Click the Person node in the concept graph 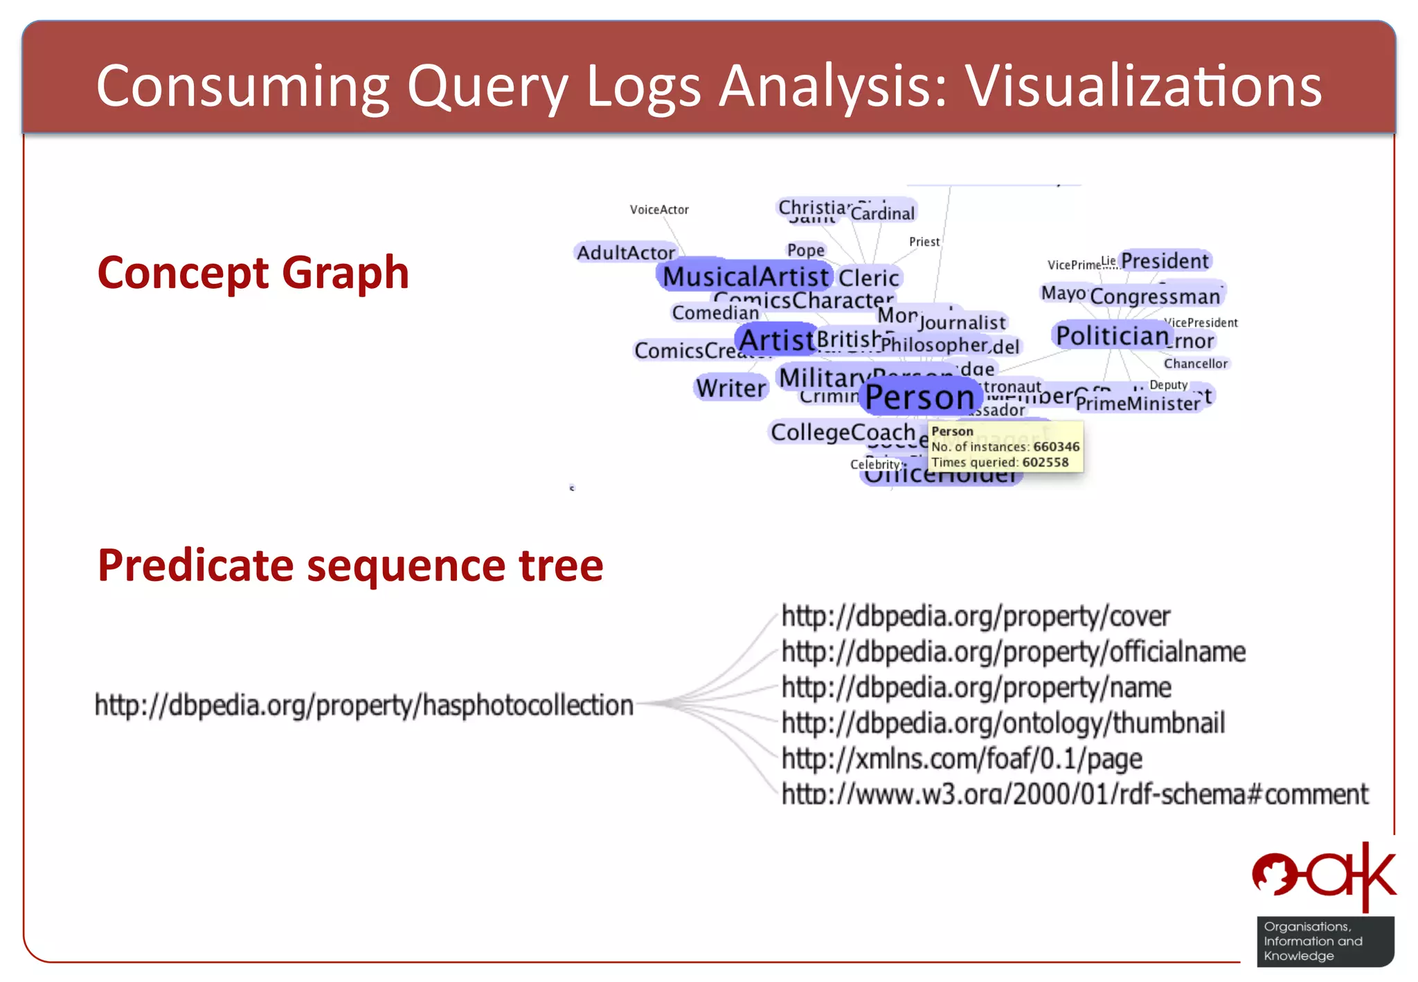pos(919,398)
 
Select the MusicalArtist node pos(745,276)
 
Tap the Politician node pos(1112,336)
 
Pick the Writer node pos(731,388)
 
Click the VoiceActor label pos(659,210)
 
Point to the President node pos(1165,261)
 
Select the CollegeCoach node pos(843,432)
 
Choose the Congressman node pos(1155,296)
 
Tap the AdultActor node pos(626,253)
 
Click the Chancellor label pos(1195,364)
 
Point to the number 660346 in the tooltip pos(1056,447)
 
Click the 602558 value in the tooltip pos(1045,462)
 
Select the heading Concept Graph pos(253,272)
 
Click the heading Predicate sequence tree pos(350,565)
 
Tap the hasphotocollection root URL pos(364,705)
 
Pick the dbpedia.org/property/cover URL pos(976,616)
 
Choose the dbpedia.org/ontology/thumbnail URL pos(1003,723)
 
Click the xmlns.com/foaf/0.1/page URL pos(962,759)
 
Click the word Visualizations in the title pos(1144,86)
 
